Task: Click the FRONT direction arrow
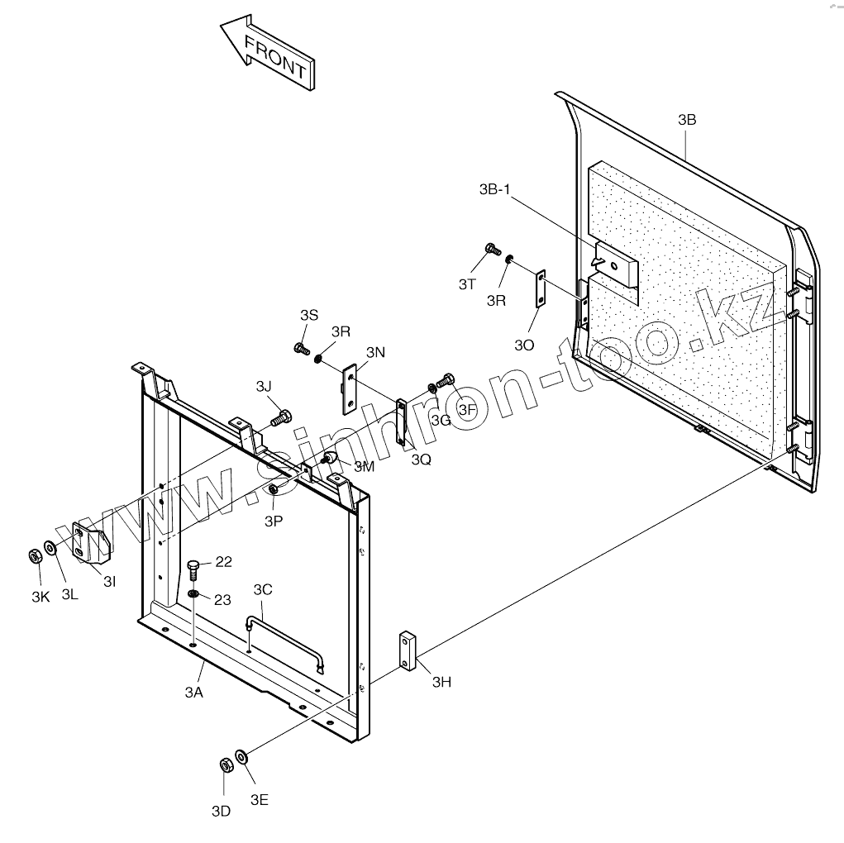tap(266, 55)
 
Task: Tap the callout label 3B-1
tap(495, 189)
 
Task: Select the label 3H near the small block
tap(442, 682)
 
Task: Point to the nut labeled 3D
tap(225, 765)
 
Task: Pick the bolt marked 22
tap(193, 569)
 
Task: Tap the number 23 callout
tap(222, 600)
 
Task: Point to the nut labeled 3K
tap(36, 555)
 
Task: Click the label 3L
tap(69, 595)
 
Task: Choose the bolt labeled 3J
tap(281, 417)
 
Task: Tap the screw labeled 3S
tap(301, 348)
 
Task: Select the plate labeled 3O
tap(541, 289)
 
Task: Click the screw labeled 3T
tap(492, 248)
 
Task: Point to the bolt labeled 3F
tap(446, 381)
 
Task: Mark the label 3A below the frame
tap(193, 693)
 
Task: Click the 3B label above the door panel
tap(687, 120)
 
